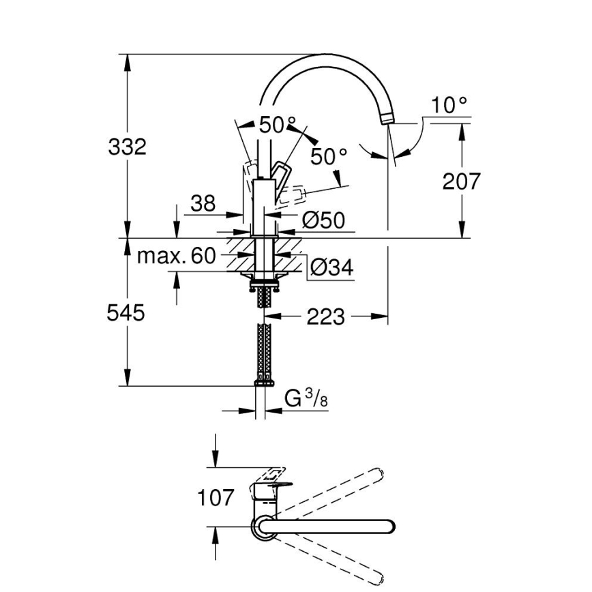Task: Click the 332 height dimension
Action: click(x=128, y=146)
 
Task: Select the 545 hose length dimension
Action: click(x=126, y=313)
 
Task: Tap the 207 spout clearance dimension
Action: click(x=462, y=181)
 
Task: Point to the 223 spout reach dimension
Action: click(x=325, y=316)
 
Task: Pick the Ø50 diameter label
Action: click(x=323, y=220)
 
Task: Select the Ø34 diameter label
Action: click(x=331, y=268)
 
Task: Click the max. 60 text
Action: click(x=176, y=256)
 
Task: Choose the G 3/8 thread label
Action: click(x=306, y=398)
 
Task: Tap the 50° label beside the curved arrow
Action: click(x=329, y=156)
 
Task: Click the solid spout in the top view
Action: click(x=327, y=527)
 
